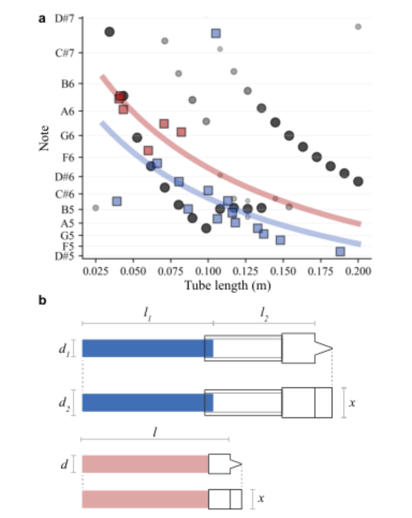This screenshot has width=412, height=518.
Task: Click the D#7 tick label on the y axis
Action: click(64, 18)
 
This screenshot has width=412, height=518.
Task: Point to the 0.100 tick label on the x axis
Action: click(208, 271)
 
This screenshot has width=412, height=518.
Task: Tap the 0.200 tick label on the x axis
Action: click(358, 271)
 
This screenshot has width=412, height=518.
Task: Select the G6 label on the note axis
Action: click(67, 136)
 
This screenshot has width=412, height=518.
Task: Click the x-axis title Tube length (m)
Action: click(228, 286)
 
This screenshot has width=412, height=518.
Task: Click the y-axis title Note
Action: click(44, 138)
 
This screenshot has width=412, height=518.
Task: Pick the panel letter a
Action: click(42, 19)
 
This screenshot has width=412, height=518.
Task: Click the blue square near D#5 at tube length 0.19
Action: click(340, 252)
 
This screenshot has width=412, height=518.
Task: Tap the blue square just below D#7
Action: click(216, 33)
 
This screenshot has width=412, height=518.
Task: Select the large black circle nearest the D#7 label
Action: click(110, 32)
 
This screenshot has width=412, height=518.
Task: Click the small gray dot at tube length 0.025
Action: click(95, 208)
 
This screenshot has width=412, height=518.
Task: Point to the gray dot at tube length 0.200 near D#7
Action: click(358, 26)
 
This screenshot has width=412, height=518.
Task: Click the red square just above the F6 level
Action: click(148, 150)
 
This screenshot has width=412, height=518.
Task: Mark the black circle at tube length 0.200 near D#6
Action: click(358, 182)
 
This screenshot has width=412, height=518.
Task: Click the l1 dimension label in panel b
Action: click(147, 314)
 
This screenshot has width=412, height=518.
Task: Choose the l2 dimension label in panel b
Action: click(264, 314)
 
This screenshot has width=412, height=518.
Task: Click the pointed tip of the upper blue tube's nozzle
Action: click(332, 348)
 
